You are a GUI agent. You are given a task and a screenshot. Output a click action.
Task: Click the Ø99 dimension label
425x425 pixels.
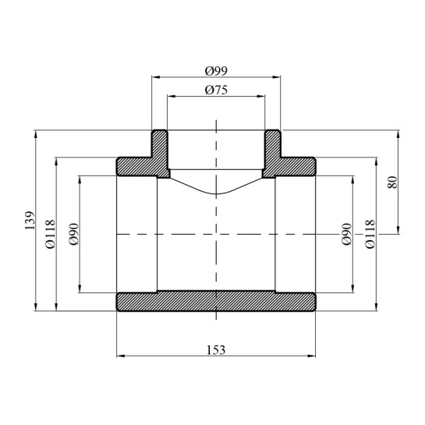tap(216, 71)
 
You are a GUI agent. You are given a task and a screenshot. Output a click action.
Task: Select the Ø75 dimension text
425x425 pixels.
tap(216, 90)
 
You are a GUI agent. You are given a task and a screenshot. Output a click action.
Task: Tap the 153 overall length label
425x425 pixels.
tap(216, 350)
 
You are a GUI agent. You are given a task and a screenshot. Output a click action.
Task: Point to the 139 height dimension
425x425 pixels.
tap(30, 221)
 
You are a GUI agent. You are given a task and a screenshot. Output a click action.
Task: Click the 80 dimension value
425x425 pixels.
tap(392, 182)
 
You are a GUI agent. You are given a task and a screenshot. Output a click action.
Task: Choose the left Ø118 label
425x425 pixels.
tap(51, 234)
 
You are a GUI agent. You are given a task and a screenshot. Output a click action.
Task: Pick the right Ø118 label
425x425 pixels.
tap(370, 234)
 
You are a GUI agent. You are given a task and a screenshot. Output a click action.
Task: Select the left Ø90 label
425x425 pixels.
tap(74, 234)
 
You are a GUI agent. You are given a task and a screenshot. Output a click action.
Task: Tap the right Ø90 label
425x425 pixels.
tap(347, 234)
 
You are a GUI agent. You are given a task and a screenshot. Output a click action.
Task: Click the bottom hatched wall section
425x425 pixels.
tap(216, 301)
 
